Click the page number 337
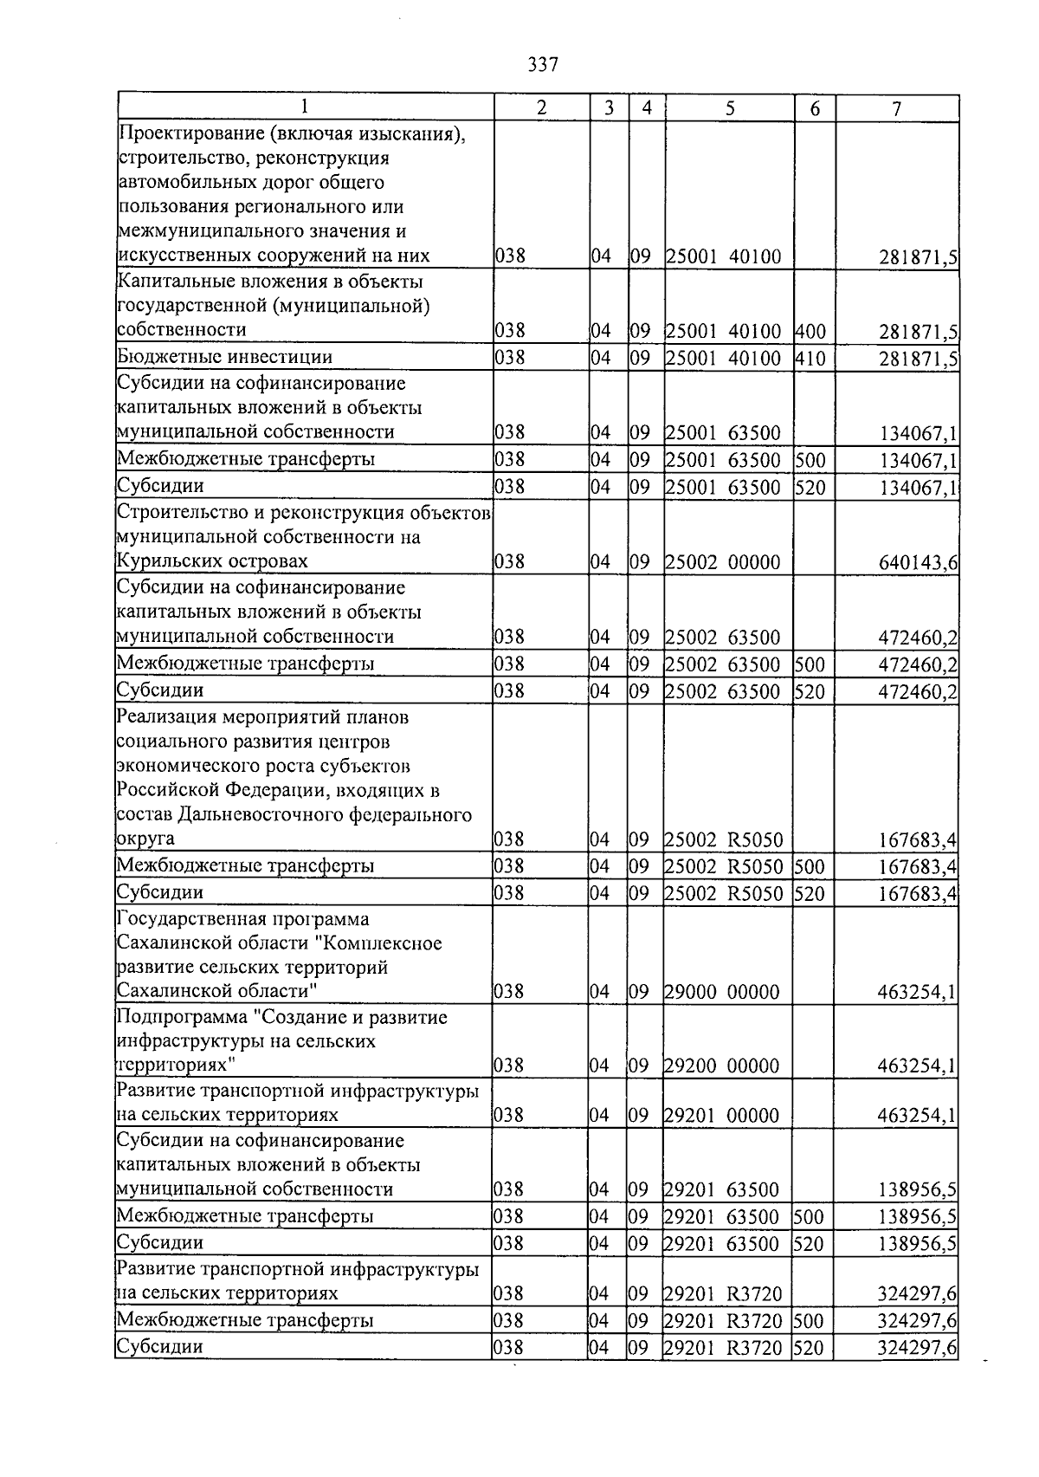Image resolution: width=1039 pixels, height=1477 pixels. tap(542, 65)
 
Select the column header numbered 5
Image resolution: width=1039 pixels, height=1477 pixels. tap(730, 108)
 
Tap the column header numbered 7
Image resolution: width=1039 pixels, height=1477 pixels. tap(896, 108)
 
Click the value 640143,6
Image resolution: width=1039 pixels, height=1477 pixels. tap(918, 563)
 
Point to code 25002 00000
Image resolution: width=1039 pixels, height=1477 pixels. tap(723, 562)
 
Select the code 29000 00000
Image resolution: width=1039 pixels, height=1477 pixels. tap(723, 992)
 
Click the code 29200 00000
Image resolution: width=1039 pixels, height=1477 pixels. tap(723, 1066)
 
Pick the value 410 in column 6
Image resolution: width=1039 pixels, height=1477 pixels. tap(810, 358)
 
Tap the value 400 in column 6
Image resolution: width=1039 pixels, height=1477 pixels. tap(810, 331)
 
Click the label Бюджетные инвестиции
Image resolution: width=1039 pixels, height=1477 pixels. tap(225, 357)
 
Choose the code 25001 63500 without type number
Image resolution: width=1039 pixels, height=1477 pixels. tap(723, 433)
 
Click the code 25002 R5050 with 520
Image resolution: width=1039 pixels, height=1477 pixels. tap(723, 893)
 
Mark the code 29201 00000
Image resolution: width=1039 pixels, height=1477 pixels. tap(723, 1116)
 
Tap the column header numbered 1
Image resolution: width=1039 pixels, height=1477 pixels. tap(305, 108)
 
